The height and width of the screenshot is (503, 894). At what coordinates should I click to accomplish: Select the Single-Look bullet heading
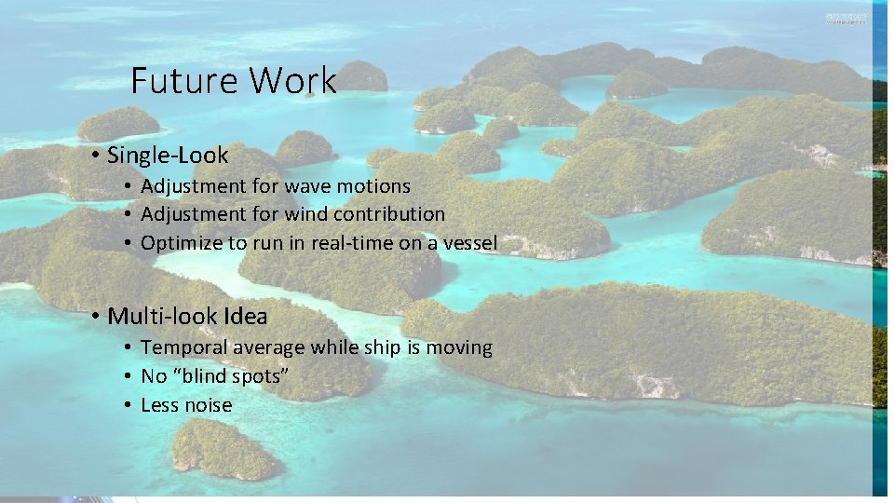pos(168,155)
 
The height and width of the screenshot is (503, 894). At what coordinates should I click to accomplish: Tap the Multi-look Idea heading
pos(187,317)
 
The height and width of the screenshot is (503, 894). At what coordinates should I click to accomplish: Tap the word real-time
pos(349,243)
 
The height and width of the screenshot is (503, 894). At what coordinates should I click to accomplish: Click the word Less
pos(158,405)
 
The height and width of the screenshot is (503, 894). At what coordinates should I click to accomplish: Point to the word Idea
pos(245,317)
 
